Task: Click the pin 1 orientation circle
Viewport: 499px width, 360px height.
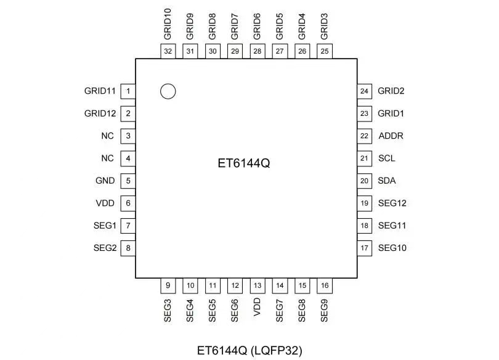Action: click(168, 91)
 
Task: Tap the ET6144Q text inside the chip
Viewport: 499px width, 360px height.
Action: click(245, 165)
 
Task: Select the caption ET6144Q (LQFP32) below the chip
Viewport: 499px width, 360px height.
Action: click(249, 351)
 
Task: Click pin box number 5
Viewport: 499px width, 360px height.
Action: click(128, 181)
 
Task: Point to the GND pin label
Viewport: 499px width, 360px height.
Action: click(105, 181)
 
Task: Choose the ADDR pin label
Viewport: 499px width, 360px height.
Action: click(391, 136)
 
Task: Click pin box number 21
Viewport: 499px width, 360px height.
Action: click(365, 158)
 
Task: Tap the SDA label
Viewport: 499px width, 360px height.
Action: click(387, 181)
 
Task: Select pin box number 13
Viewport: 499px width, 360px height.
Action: click(258, 285)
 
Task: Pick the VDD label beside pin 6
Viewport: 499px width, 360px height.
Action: click(105, 203)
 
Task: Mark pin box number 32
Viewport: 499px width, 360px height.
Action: click(168, 52)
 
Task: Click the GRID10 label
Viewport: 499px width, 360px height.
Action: click(168, 25)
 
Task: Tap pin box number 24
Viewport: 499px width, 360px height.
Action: click(365, 91)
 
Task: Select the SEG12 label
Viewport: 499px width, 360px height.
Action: click(392, 203)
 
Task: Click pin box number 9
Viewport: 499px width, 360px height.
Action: click(168, 285)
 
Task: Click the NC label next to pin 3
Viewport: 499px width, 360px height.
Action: click(108, 136)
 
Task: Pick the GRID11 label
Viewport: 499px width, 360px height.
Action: click(100, 91)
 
